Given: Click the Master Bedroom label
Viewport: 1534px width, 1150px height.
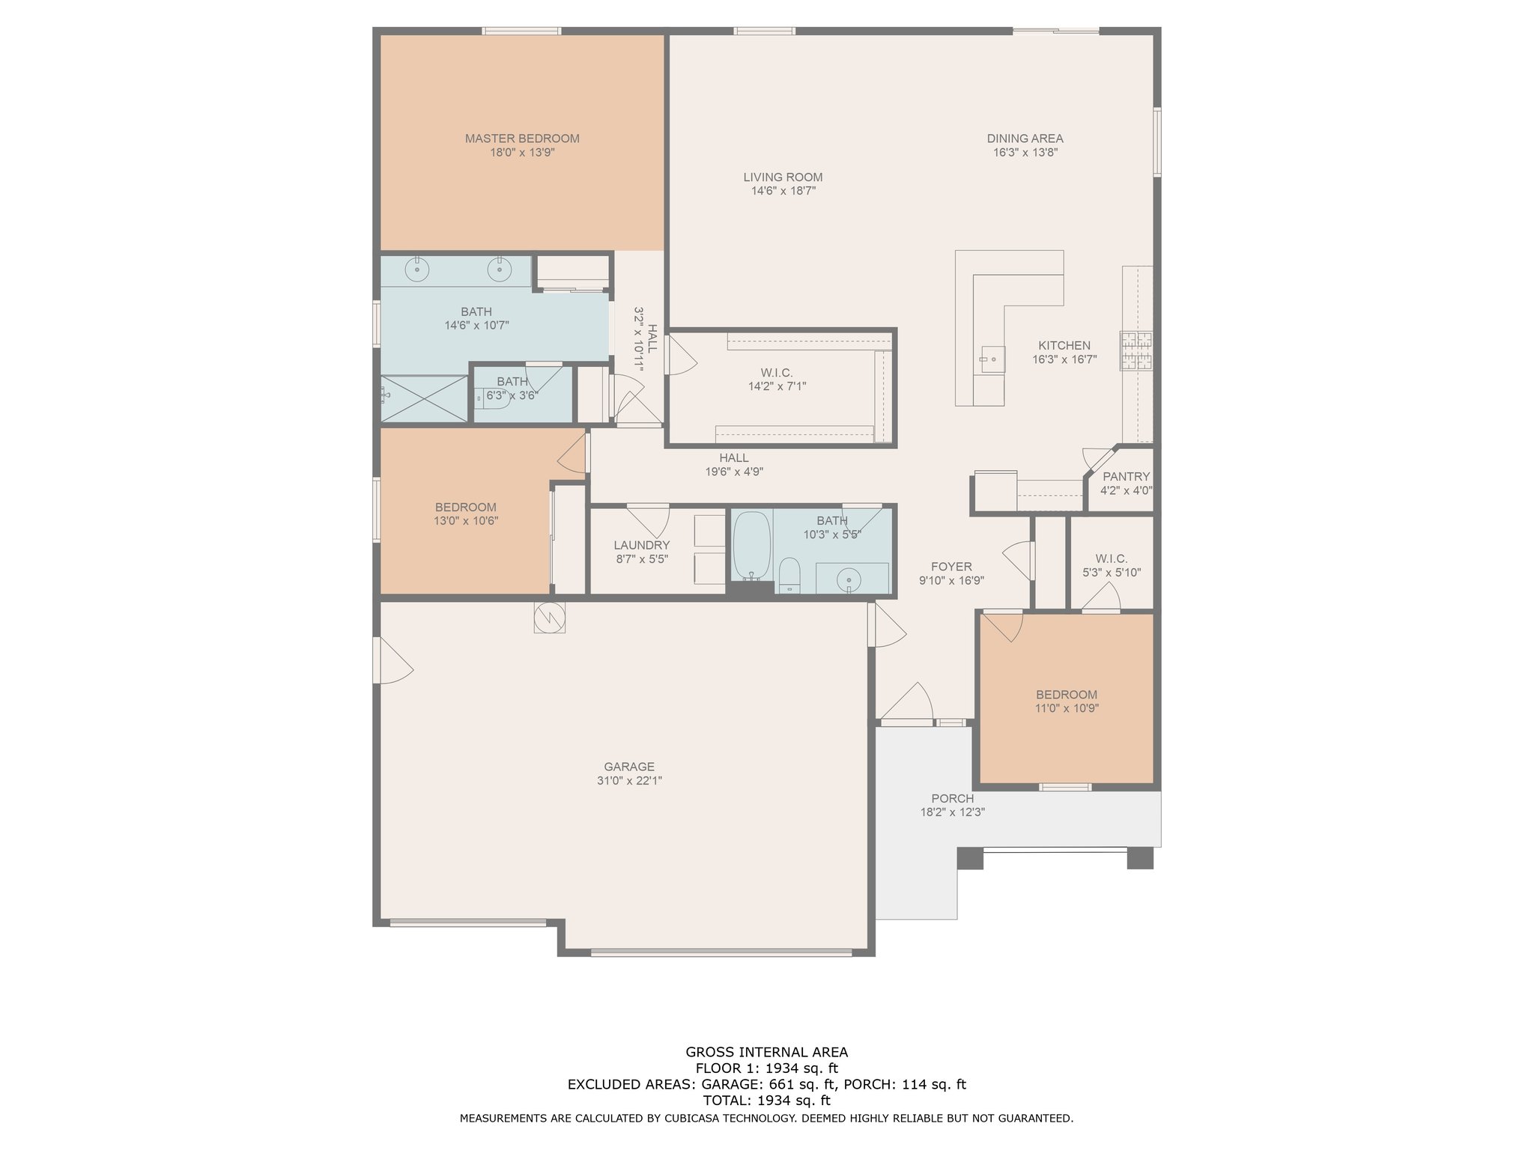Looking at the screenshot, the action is click(x=522, y=139).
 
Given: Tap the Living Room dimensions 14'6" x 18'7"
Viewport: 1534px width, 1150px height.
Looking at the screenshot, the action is click(x=783, y=191).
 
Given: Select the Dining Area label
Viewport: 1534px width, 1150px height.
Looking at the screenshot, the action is click(x=1025, y=139).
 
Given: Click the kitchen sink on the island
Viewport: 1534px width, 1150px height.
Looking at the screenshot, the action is click(x=992, y=359).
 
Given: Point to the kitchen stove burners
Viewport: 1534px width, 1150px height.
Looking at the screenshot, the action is click(x=1136, y=351).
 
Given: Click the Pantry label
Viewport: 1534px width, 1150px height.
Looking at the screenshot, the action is click(x=1126, y=477).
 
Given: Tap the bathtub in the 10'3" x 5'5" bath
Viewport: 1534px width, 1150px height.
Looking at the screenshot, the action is click(x=752, y=545).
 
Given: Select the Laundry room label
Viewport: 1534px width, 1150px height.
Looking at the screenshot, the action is click(x=642, y=545).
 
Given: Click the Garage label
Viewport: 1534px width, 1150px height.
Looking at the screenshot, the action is click(x=629, y=767).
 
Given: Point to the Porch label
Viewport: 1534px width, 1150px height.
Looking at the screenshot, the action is click(x=953, y=799).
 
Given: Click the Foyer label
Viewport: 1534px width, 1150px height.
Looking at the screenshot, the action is click(x=951, y=567).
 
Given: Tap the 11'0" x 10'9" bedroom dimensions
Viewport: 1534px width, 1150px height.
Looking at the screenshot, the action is click(x=1067, y=708).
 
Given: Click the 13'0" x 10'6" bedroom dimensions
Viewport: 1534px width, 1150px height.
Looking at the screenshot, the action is click(x=466, y=521).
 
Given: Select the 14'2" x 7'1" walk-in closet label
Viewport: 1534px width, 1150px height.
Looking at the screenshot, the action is click(x=777, y=373).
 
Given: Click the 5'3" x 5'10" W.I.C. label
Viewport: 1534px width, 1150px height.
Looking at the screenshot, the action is click(x=1112, y=559).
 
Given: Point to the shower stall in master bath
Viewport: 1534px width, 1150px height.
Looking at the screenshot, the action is click(x=425, y=398).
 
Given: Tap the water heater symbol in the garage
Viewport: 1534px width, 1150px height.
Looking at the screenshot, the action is click(x=549, y=618).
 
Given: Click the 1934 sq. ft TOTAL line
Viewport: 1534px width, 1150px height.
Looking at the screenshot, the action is click(x=767, y=1101).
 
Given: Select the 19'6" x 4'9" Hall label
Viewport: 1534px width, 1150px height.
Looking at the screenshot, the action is click(x=734, y=458).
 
